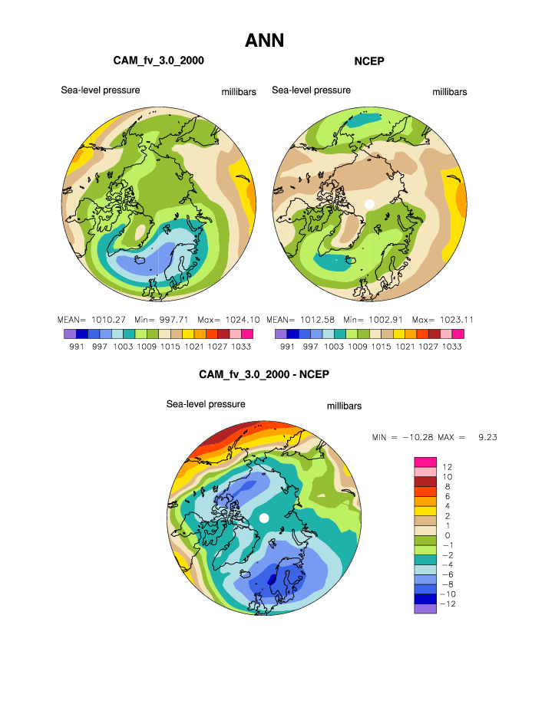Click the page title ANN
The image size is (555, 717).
pyautogui.click(x=264, y=41)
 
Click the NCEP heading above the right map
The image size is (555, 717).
pyautogui.click(x=368, y=61)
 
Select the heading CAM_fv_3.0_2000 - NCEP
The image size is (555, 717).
pyautogui.click(x=263, y=375)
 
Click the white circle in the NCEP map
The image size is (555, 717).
pyautogui.click(x=369, y=204)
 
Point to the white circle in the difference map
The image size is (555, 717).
pyautogui.click(x=264, y=518)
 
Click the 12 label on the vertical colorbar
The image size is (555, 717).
pyautogui.click(x=448, y=466)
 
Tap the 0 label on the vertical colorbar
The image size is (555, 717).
pyautogui.click(x=448, y=535)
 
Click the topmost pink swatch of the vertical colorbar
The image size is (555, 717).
pyautogui.click(x=425, y=461)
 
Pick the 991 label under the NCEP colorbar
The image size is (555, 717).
pyautogui.click(x=287, y=347)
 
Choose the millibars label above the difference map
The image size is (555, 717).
pyautogui.click(x=344, y=406)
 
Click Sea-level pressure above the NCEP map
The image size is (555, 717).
pyautogui.click(x=311, y=90)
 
